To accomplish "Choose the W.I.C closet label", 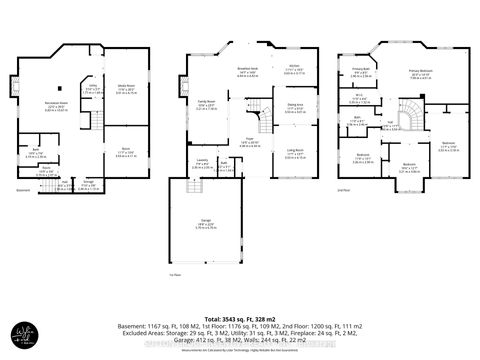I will click(358, 97).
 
